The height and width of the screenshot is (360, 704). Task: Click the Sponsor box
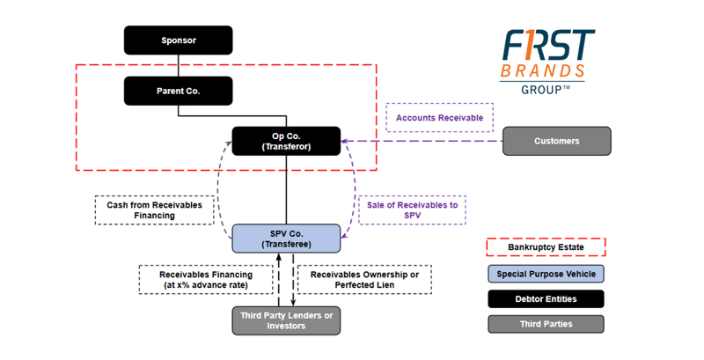tap(178, 40)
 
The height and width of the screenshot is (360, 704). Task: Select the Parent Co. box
tap(178, 91)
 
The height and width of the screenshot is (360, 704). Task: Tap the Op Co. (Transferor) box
tap(286, 141)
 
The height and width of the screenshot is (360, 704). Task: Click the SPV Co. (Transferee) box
tap(286, 239)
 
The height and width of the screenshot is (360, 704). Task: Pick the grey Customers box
tap(556, 141)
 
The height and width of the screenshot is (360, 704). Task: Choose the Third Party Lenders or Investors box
tap(286, 320)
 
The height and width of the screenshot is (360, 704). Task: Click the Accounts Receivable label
tap(439, 118)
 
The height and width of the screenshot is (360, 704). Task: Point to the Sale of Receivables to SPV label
tap(412, 210)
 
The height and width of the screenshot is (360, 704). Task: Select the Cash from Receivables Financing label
tap(154, 210)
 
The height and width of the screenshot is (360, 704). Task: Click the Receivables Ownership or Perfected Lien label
tap(364, 279)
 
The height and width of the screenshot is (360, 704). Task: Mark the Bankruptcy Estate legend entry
tap(546, 247)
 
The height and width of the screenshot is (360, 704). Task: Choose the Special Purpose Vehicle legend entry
tap(546, 274)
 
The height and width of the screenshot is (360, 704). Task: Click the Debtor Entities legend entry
tap(546, 299)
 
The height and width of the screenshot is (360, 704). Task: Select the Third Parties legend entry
tap(546, 324)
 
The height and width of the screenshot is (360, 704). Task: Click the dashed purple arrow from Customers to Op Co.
tap(422, 141)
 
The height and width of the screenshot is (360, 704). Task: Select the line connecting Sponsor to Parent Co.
tap(179, 66)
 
